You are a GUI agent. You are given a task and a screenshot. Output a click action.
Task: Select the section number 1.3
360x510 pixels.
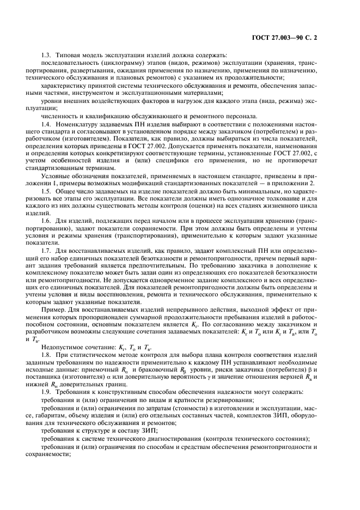point(47,55)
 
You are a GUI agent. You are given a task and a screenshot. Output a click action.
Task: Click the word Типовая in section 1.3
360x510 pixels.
point(67,55)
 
